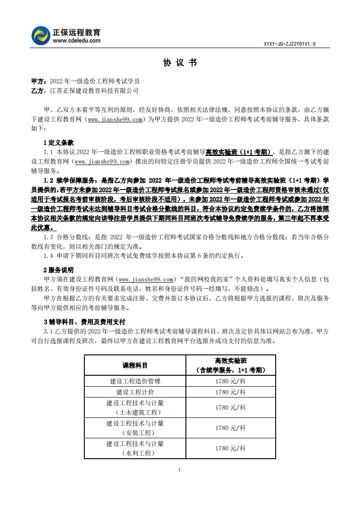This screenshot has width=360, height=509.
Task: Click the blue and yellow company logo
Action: [x=41, y=35]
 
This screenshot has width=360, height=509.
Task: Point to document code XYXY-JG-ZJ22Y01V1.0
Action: [x=289, y=44]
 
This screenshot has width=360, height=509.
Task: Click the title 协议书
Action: [x=180, y=63]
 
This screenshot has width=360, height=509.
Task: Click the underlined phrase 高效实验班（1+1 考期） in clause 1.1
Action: [x=239, y=152]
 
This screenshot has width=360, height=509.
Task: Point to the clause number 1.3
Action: [x=49, y=237]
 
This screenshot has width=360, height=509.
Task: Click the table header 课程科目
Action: [x=135, y=365]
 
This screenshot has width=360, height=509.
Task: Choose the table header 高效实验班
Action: [x=231, y=361]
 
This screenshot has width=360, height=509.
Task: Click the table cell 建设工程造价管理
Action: [x=135, y=381]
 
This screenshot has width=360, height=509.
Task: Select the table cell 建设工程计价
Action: [x=135, y=392]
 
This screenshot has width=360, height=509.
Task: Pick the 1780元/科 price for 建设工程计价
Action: [x=231, y=392]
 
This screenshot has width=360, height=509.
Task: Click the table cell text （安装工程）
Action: [x=135, y=433]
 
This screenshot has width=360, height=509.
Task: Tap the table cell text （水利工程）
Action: [x=135, y=453]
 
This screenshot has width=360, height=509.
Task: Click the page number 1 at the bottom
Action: [x=180, y=469]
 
